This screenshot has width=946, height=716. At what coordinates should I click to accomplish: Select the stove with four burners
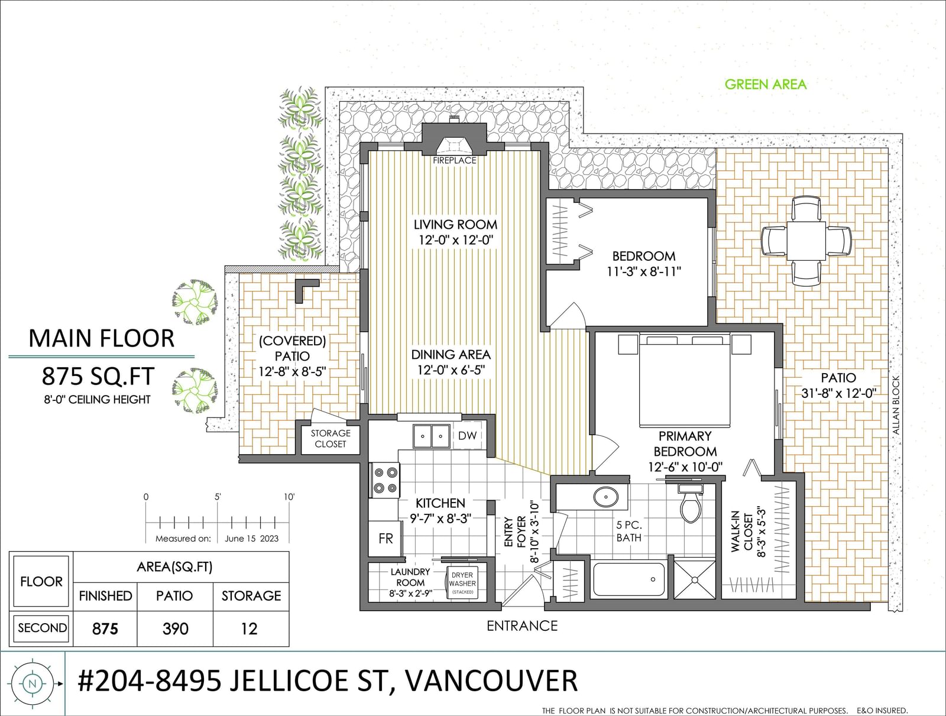click(385, 480)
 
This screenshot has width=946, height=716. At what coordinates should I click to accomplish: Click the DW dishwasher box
click(467, 436)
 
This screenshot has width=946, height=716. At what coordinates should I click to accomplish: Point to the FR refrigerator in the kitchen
click(385, 538)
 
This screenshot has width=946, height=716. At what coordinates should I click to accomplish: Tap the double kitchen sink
click(431, 436)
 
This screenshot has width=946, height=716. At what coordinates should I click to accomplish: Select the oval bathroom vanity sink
click(606, 497)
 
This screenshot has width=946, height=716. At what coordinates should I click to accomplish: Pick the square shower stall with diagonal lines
click(694, 579)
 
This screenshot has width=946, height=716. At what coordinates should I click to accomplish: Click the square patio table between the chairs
click(806, 241)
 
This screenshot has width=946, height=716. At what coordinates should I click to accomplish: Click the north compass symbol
click(33, 683)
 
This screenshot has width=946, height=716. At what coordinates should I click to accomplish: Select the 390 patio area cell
click(176, 628)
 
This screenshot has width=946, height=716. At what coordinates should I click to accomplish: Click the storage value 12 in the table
click(249, 629)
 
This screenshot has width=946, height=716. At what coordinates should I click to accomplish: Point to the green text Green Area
click(766, 85)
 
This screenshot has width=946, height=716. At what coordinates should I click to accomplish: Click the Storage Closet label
click(330, 439)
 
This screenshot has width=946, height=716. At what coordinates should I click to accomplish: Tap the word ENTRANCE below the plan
click(522, 626)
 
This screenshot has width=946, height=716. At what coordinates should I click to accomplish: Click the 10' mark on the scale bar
click(289, 497)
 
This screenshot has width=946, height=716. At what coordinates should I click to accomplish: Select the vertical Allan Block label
click(896, 406)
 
